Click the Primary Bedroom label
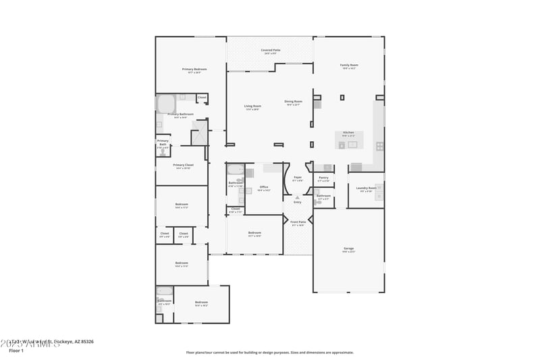pyautogui.click(x=194, y=70)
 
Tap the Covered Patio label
pyautogui.click(x=270, y=51)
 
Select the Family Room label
pyautogui.click(x=348, y=66)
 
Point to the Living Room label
pyautogui.click(x=252, y=106)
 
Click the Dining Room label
pyautogui.click(x=294, y=102)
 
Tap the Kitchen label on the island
pyautogui.click(x=348, y=132)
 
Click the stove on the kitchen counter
pyautogui.click(x=380, y=145)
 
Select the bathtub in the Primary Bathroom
pyautogui.click(x=166, y=103)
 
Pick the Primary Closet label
pyautogui.click(x=183, y=165)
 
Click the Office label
pyautogui.click(x=264, y=187)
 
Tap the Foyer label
pyautogui.click(x=298, y=178)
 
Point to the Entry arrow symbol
pyautogui.click(x=298, y=197)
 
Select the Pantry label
pyautogui.click(x=324, y=178)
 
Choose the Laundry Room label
pyautogui.click(x=367, y=188)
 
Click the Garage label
pyautogui.click(x=348, y=249)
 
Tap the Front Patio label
pyautogui.click(x=298, y=222)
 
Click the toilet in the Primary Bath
pyautogui.click(x=162, y=153)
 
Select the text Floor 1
pyautogui.click(x=16, y=351)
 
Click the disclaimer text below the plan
pyautogui.click(x=269, y=352)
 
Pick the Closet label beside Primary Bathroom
pyautogui.click(x=202, y=97)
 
